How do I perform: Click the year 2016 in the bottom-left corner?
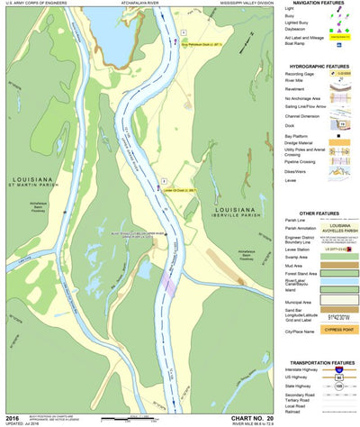pyautogui.click(x=13, y=417)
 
